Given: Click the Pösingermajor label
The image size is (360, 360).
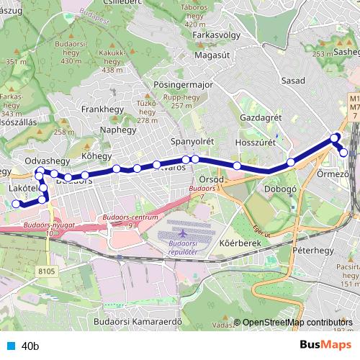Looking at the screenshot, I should click(184, 84).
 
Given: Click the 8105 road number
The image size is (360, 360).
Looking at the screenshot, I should click(46, 270).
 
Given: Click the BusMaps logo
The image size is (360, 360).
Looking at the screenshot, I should click(326, 345).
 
